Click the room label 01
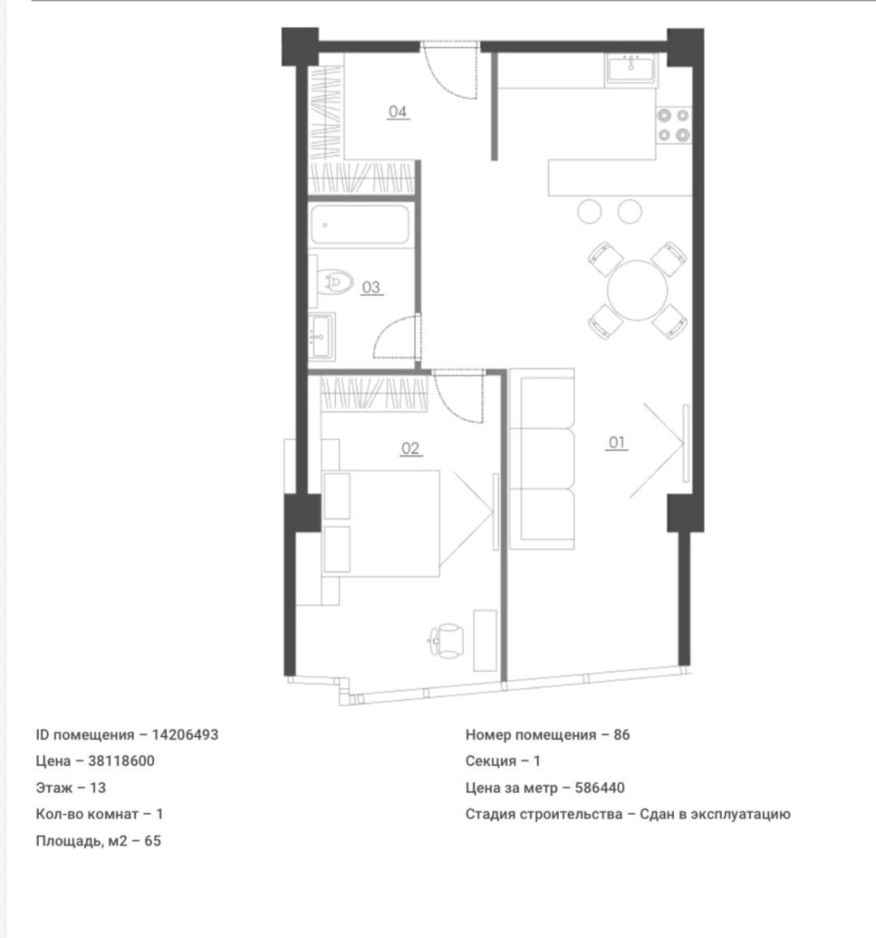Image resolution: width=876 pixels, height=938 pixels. click(617, 442)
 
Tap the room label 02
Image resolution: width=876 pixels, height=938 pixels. click(410, 448)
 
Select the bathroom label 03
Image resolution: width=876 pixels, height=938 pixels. click(371, 287)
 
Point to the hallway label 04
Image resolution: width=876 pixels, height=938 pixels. click(397, 111)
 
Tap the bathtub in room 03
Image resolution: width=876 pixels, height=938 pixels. click(360, 225)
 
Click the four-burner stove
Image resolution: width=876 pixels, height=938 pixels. click(674, 125)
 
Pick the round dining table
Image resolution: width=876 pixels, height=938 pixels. click(638, 290)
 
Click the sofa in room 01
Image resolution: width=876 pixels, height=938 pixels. click(542, 459)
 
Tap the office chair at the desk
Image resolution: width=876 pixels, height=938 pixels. click(446, 640)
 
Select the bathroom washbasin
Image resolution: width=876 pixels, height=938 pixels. click(321, 336)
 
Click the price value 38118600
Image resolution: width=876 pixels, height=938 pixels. click(122, 761)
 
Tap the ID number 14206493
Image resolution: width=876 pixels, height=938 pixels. click(185, 735)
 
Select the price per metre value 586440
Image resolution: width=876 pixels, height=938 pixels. click(599, 788)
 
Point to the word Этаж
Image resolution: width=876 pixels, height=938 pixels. click(54, 788)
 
